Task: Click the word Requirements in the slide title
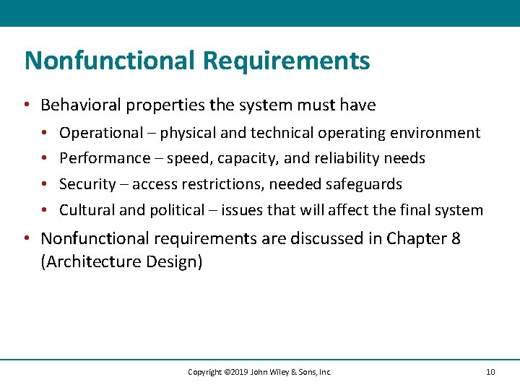pyautogui.click(x=286, y=61)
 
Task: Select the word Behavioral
pyautogui.click(x=80, y=105)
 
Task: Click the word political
pyautogui.click(x=177, y=210)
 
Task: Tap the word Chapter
pyautogui.click(x=413, y=238)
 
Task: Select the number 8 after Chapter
pyautogui.click(x=455, y=238)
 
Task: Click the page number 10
pyautogui.click(x=490, y=372)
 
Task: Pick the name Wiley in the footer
pyautogui.click(x=279, y=372)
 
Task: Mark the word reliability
pyautogui.click(x=353, y=158)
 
